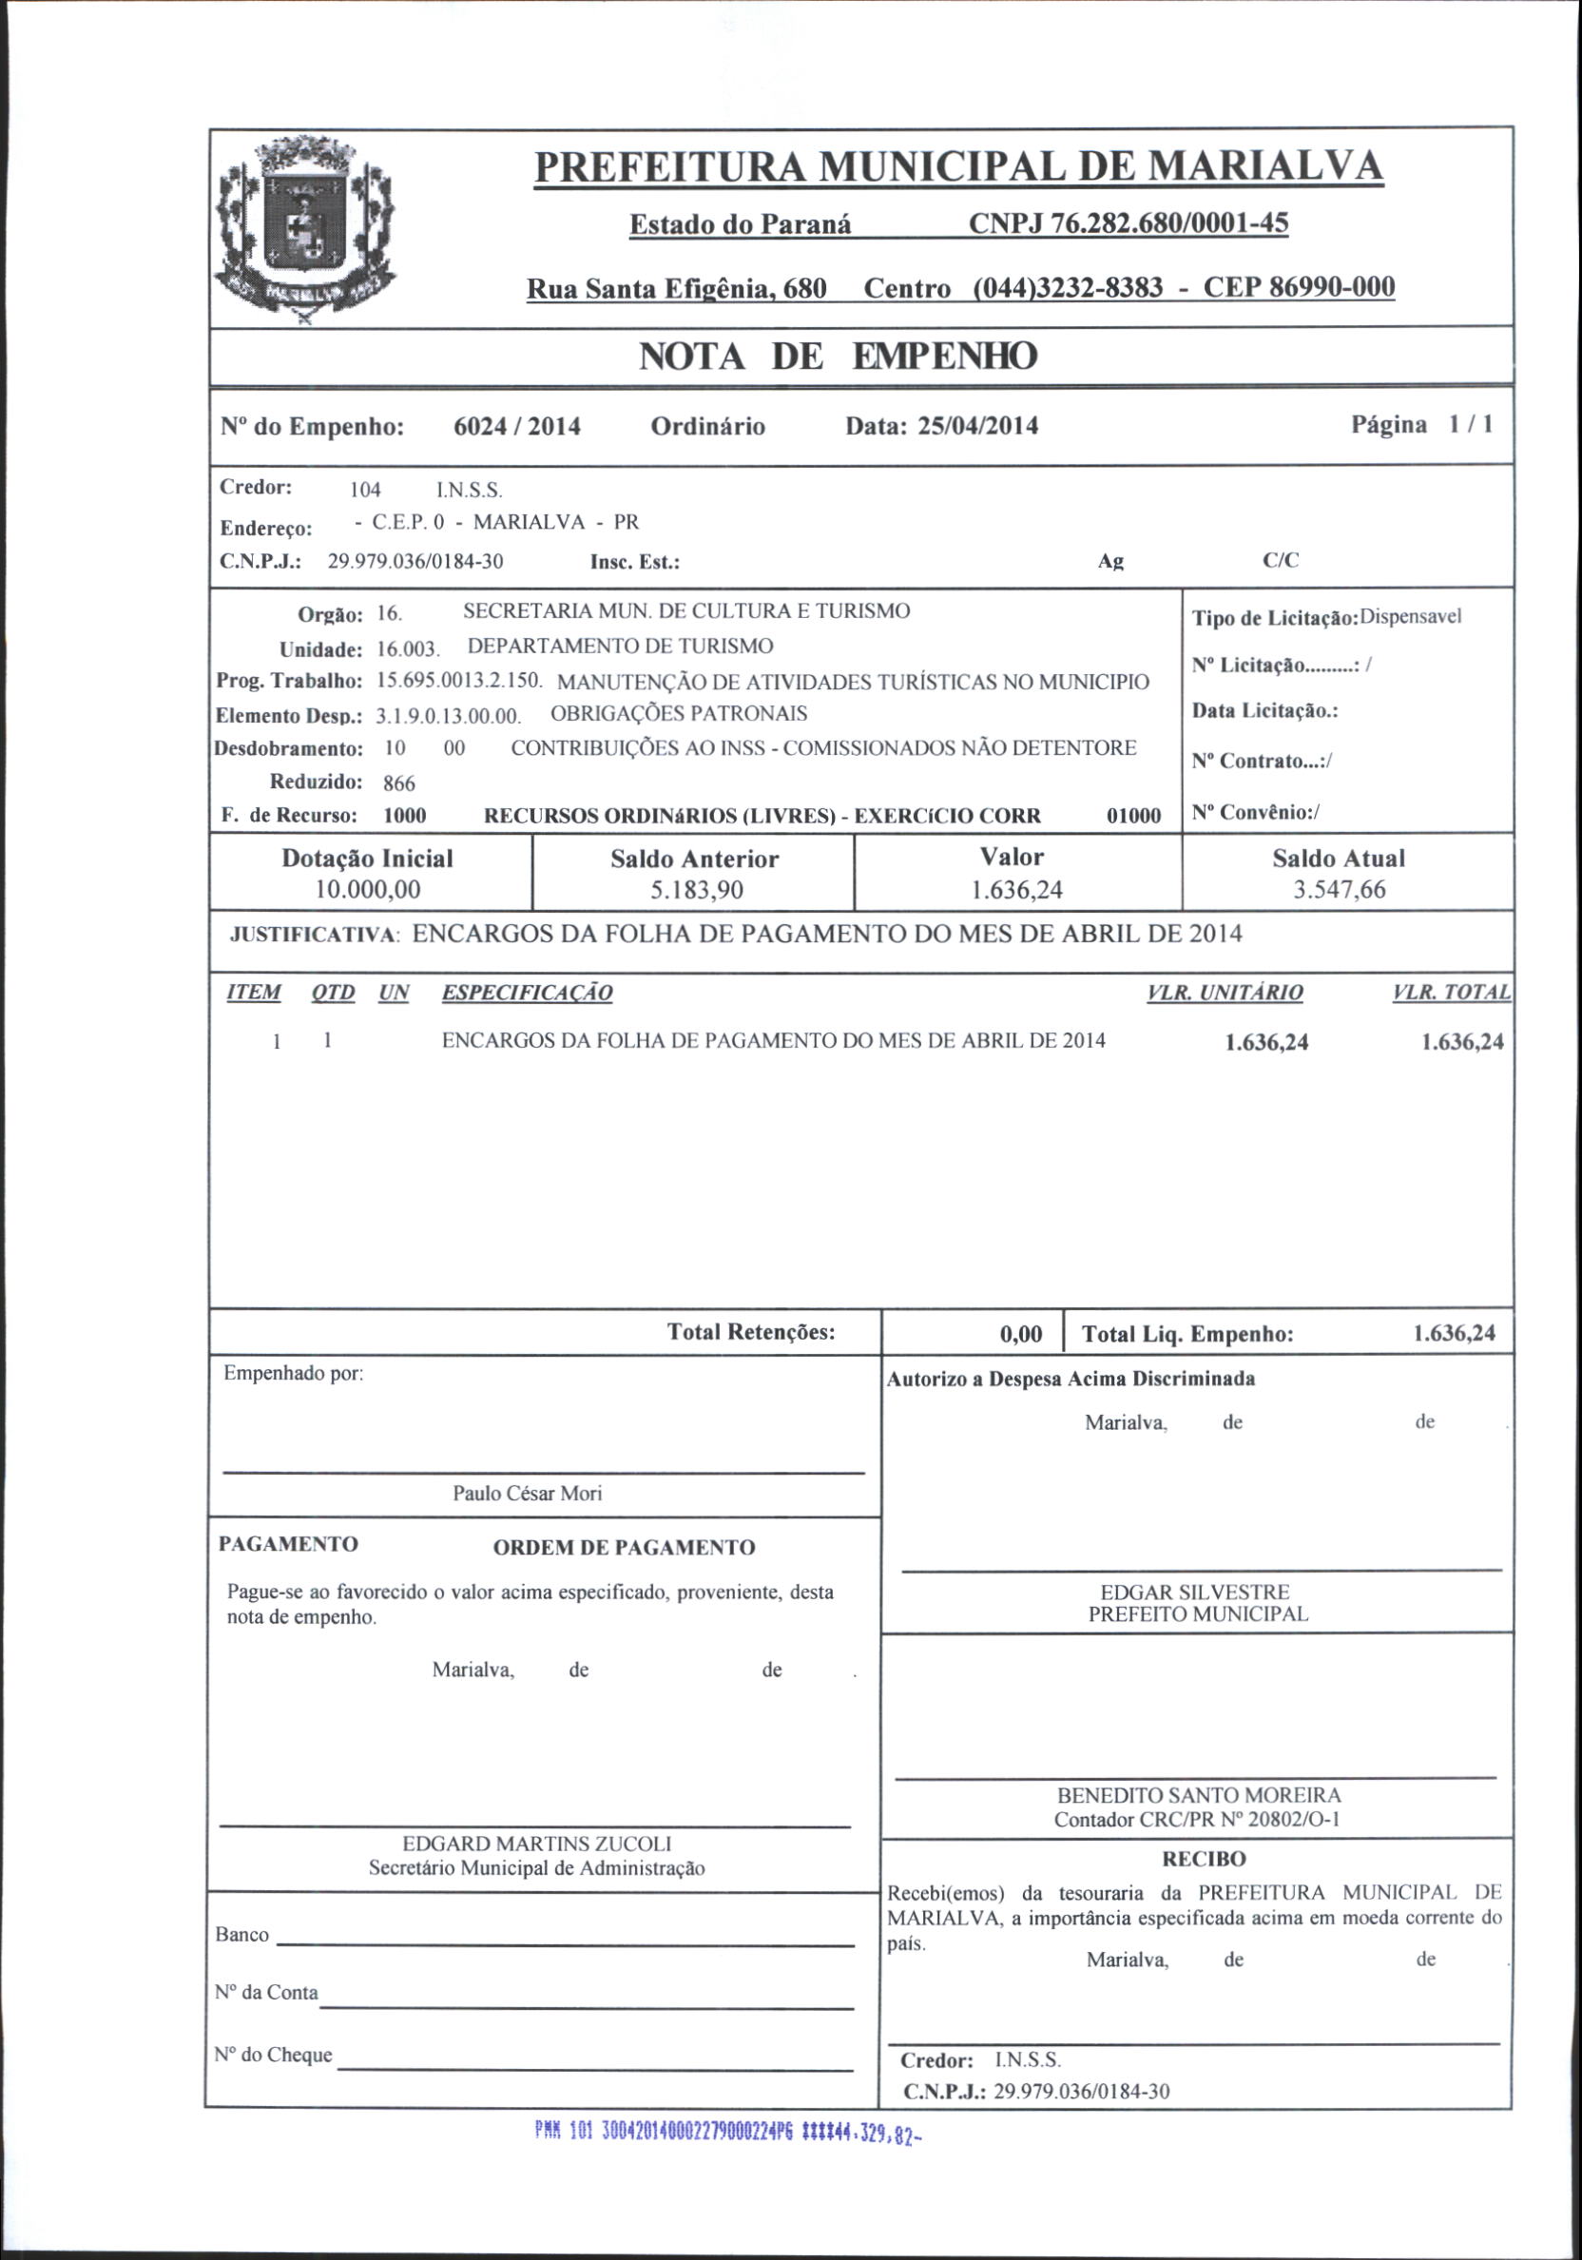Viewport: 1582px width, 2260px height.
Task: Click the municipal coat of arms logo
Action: click(x=305, y=232)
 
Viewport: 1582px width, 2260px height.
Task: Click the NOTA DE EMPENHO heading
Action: click(x=838, y=357)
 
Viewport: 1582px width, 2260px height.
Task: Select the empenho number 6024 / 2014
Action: click(x=517, y=426)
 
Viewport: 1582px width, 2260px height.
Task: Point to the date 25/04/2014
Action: click(x=977, y=426)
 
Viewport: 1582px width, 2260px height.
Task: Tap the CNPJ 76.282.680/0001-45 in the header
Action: click(x=1129, y=224)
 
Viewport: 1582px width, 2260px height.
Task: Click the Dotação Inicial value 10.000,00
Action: click(x=367, y=890)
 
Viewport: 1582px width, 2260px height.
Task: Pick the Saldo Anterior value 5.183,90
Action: click(x=694, y=891)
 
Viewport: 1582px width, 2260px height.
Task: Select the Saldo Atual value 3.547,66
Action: click(x=1339, y=890)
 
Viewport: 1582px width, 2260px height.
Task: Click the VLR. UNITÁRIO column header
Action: click(x=1225, y=993)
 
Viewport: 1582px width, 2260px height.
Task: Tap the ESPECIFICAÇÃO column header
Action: click(x=527, y=993)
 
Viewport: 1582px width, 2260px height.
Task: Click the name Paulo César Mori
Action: click(x=527, y=1494)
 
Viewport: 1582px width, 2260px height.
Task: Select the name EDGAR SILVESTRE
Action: click(x=1198, y=1592)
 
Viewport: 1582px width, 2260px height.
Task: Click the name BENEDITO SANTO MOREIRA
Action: click(x=1198, y=1795)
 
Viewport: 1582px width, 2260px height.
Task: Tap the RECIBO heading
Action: click(x=1203, y=1860)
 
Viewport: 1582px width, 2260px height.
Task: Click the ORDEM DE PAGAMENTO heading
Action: click(x=624, y=1547)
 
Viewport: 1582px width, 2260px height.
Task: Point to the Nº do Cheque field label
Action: click(x=274, y=2055)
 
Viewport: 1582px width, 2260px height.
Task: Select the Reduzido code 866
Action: click(x=398, y=783)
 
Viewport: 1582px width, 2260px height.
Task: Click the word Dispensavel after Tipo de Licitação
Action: click(x=1411, y=617)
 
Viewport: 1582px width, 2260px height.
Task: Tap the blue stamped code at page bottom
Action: click(x=729, y=2133)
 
